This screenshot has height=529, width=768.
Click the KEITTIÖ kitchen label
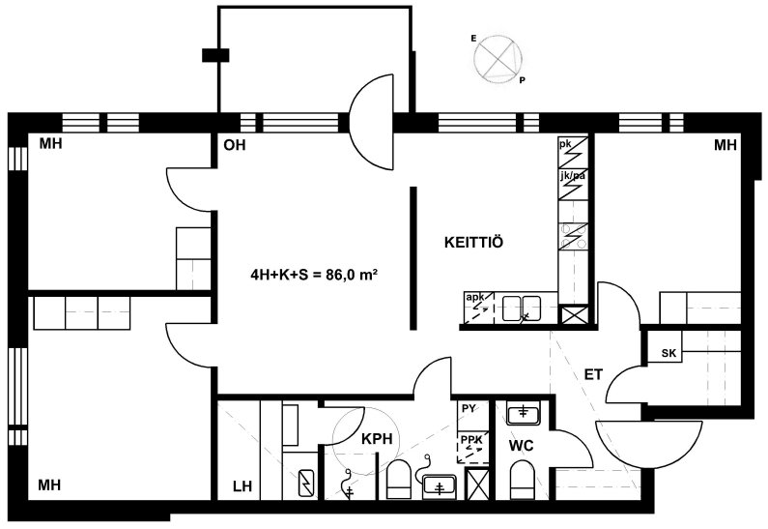473,242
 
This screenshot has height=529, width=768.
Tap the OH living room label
234,145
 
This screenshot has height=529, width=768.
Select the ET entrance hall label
593,374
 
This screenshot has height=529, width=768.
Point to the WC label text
521,446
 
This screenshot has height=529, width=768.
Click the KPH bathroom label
377,439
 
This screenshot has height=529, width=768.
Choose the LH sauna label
242,486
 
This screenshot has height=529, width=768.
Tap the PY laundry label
469,408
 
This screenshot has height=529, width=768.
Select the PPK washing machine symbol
472,448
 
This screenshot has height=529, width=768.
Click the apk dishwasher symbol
479,308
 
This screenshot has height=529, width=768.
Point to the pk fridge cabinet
573,153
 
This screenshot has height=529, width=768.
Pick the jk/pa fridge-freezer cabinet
573,185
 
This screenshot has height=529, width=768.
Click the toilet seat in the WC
523,480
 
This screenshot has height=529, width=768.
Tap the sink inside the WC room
523,413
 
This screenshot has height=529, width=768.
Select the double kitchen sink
521,309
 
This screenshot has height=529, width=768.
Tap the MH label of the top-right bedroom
725,145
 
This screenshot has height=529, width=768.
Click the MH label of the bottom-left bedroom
49,485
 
